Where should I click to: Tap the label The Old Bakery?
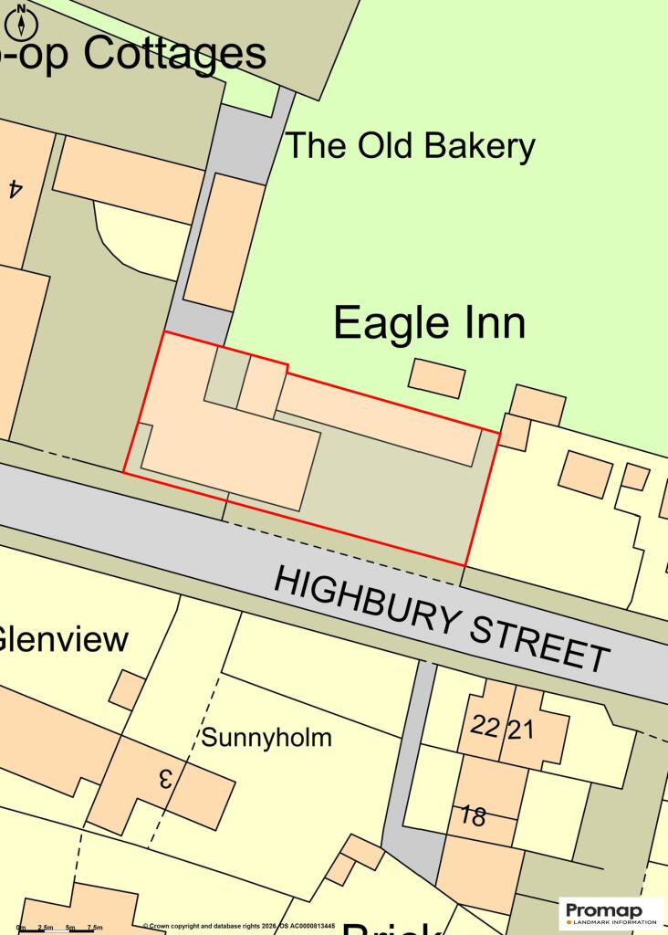410,146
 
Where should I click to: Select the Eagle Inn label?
429,323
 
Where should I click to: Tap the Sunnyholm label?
266,738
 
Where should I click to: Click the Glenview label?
62,639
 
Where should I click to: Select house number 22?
485,727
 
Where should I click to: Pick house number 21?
520,730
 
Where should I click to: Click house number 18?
473,815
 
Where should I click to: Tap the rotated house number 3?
166,779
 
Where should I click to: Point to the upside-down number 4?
15,188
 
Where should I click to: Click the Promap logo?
611,912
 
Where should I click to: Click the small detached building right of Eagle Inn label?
436,378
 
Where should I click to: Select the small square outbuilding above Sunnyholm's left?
127,689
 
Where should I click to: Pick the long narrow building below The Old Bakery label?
224,241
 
